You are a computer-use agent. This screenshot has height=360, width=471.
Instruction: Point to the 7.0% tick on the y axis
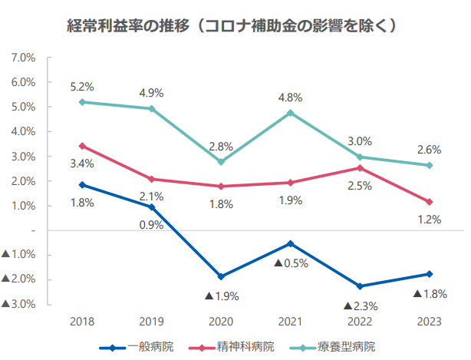[24, 58]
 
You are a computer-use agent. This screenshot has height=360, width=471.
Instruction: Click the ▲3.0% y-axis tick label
[19, 304]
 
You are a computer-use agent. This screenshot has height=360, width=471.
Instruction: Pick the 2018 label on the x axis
[81, 320]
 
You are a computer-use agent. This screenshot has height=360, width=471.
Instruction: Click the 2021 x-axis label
[290, 320]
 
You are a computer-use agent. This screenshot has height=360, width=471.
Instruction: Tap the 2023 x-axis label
[429, 320]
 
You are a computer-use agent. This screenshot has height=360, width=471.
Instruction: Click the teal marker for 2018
[81, 102]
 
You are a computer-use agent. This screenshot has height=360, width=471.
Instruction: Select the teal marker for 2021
[290, 113]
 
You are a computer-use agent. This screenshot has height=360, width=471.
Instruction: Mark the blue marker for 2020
[221, 276]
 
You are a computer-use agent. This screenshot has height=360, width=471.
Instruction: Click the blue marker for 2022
[360, 286]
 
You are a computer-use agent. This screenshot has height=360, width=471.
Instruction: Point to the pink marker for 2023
[430, 202]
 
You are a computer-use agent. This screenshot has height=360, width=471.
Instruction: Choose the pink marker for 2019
[151, 179]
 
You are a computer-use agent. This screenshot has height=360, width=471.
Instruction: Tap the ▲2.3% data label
[359, 306]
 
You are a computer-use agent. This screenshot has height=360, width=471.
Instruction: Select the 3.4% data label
[81, 163]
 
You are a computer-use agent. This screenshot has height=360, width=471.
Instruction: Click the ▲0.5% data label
[291, 263]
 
